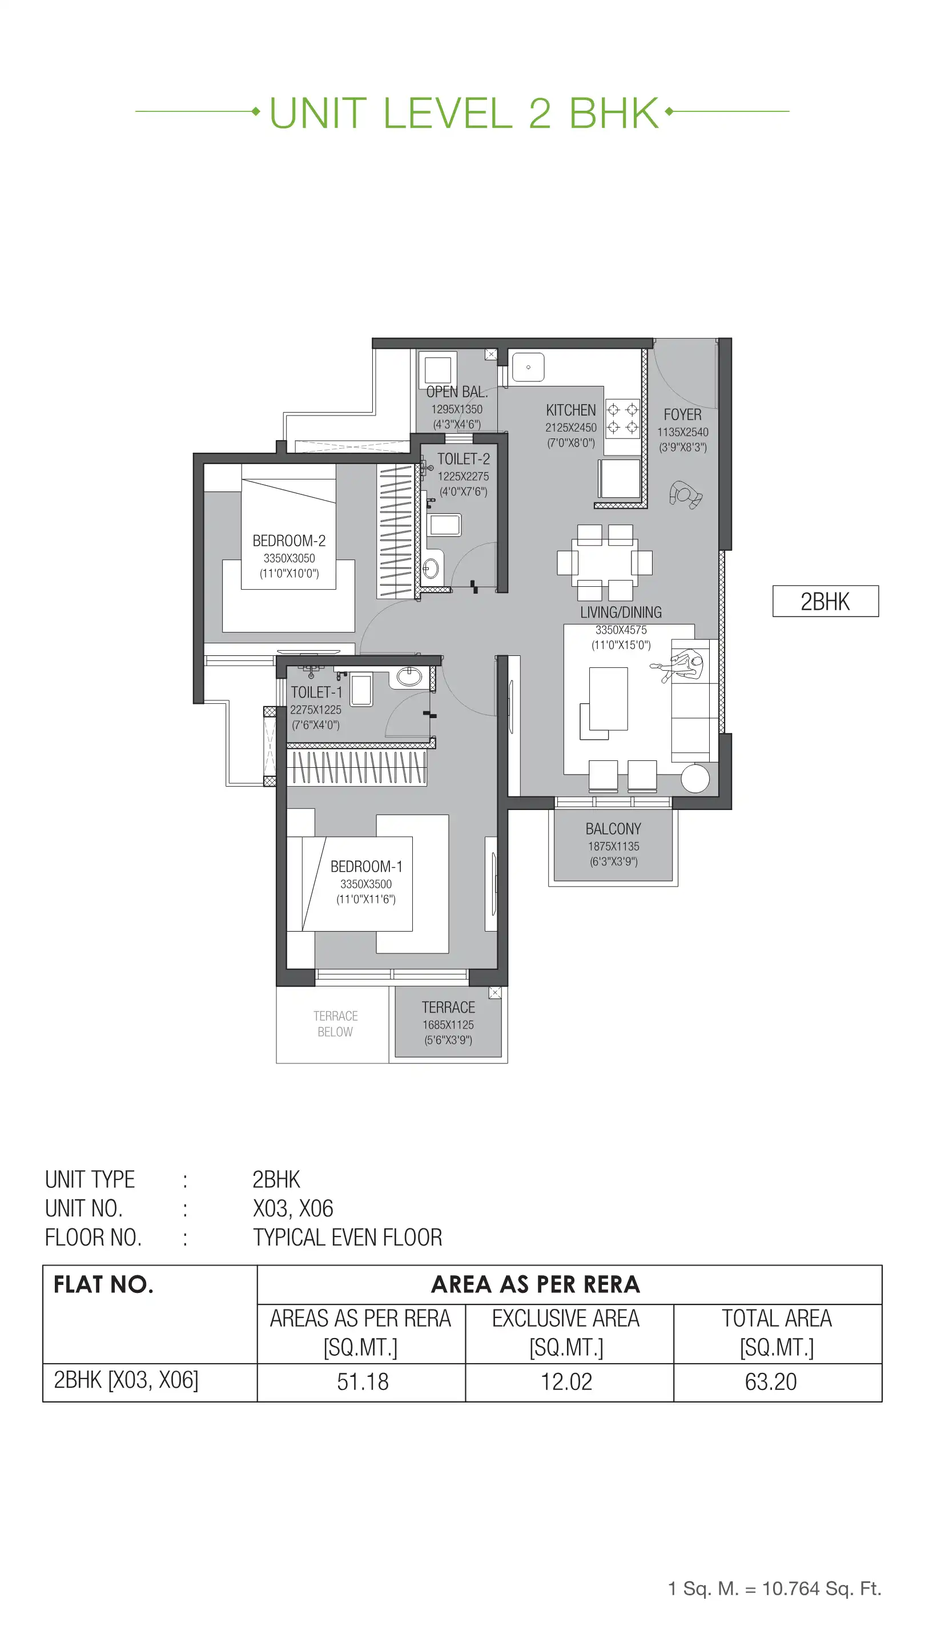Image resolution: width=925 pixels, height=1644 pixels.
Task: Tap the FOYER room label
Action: (x=682, y=414)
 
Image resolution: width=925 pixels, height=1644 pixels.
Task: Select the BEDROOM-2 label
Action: (x=288, y=541)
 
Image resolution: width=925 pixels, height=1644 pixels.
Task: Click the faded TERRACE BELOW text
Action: (x=335, y=1024)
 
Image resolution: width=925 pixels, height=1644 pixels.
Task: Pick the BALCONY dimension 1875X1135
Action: (x=613, y=846)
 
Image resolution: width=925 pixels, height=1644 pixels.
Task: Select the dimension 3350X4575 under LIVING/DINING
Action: (x=621, y=630)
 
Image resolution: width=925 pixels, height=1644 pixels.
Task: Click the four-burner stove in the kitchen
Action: (x=622, y=418)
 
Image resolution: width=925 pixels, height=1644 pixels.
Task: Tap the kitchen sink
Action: (x=528, y=368)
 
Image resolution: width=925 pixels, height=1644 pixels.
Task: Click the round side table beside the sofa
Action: (x=694, y=779)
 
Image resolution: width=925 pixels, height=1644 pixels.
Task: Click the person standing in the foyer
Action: (x=685, y=494)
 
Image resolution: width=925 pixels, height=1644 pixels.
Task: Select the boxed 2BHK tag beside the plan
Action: (x=825, y=601)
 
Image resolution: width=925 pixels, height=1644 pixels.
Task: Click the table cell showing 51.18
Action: (x=362, y=1381)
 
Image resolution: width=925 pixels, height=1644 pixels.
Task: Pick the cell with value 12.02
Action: (x=566, y=1381)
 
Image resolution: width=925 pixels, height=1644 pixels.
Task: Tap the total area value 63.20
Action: (x=770, y=1381)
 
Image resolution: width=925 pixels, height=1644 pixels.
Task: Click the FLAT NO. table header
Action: (x=103, y=1284)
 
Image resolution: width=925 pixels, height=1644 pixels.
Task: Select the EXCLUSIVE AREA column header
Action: (x=566, y=1332)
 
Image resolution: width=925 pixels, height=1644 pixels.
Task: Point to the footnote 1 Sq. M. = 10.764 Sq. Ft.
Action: (x=774, y=1588)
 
